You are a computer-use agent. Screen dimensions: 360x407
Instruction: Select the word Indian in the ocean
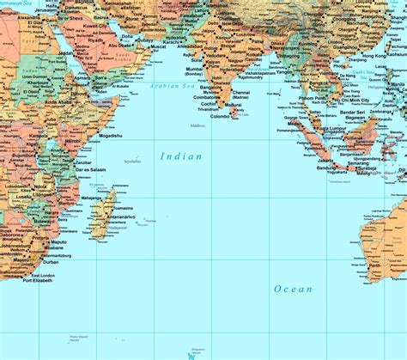[x=181, y=156]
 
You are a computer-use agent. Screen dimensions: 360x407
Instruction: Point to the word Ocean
[x=293, y=290]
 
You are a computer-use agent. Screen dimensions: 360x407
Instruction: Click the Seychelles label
[x=131, y=162]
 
